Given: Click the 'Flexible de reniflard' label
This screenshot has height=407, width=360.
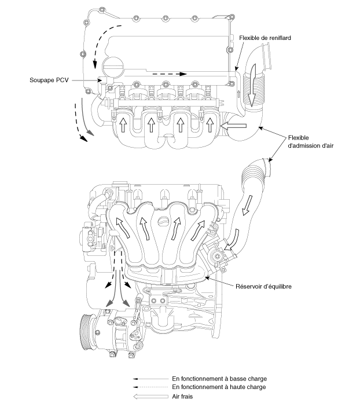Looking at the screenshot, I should pyautogui.click(x=265, y=38).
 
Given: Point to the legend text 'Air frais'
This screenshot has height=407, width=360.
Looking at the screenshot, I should pyautogui.click(x=182, y=397).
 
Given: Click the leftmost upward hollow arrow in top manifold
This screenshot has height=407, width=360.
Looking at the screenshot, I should pyautogui.click(x=122, y=123).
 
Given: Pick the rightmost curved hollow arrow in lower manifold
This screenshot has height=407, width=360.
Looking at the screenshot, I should pyautogui.click(x=199, y=230).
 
